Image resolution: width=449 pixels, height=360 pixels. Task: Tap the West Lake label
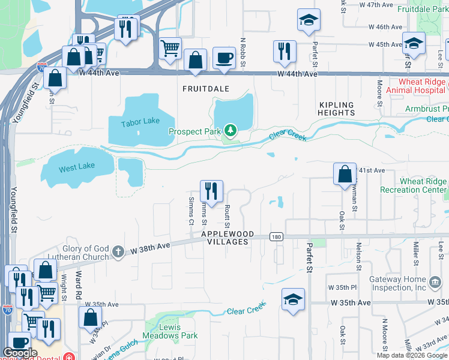(x=77, y=168)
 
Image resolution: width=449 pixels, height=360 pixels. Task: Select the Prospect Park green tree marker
(x=230, y=130)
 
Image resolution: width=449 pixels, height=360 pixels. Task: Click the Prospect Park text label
(x=194, y=131)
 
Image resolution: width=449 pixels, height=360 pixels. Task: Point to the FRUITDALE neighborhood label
(x=206, y=88)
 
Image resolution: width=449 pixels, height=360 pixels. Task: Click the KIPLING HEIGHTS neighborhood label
(x=337, y=109)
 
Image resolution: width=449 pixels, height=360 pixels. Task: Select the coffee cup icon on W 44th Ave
(x=224, y=59)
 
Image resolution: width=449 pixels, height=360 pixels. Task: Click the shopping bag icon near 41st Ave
(x=345, y=175)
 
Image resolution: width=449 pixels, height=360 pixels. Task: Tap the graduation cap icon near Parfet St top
(x=309, y=20)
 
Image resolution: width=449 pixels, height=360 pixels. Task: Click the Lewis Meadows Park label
(x=170, y=331)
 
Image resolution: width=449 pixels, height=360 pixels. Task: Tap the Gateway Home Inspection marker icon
(x=435, y=281)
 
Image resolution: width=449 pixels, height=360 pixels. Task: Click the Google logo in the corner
(x=20, y=352)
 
